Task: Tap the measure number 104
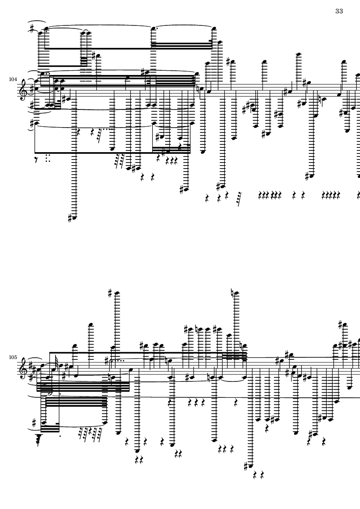(x=13, y=80)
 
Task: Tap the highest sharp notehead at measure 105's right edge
(x=343, y=324)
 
